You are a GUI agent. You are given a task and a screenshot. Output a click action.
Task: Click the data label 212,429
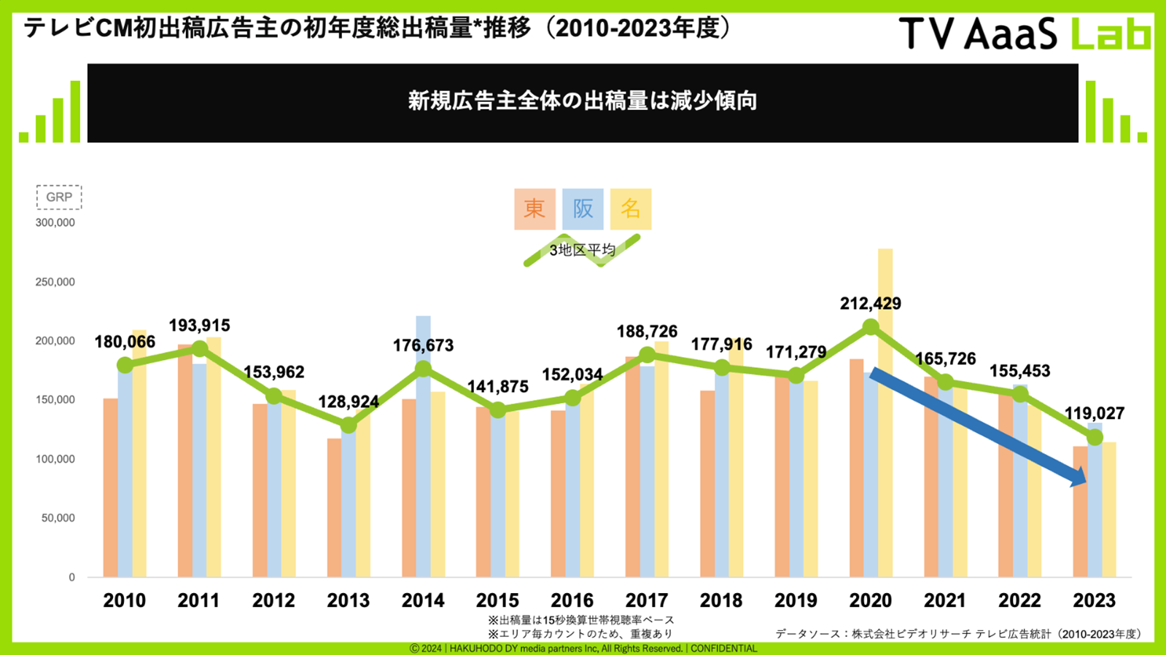coord(870,303)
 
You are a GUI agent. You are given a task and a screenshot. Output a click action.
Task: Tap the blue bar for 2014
coord(423,452)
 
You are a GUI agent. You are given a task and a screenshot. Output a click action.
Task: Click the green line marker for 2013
coord(349,425)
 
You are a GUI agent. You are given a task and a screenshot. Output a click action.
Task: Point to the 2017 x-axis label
coord(647,600)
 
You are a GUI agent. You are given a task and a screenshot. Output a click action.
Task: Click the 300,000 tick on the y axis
coord(55,222)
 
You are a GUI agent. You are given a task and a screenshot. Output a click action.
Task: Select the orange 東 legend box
coord(535,209)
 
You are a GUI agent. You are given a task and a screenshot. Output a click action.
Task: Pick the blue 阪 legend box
coord(583,209)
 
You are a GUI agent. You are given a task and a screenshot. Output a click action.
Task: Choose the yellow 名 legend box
coord(631,209)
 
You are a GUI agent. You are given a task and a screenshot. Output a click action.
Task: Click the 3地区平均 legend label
coord(582,250)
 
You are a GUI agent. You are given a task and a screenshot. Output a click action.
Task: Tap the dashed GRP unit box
coord(59,197)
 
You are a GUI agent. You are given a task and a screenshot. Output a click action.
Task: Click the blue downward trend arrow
coord(977,425)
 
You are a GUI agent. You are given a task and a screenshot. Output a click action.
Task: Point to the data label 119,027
coord(1094,414)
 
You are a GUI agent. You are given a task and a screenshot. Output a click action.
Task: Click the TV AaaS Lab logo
coord(1024,33)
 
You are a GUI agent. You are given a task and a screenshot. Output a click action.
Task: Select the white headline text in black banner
coord(582,101)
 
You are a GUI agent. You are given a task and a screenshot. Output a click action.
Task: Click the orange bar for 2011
coord(184,466)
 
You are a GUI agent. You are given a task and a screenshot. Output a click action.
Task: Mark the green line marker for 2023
coord(1095,437)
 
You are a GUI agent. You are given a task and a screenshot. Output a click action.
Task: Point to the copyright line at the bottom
coord(583,648)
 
